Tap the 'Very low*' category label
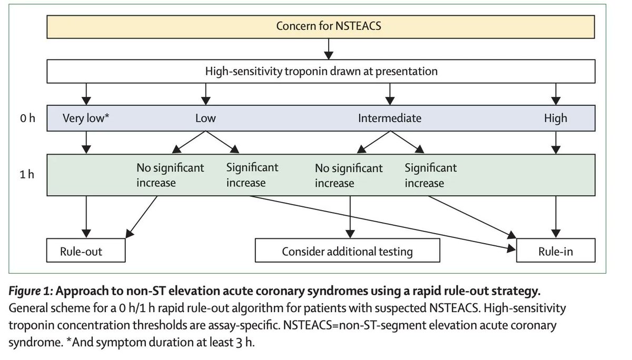[x=86, y=118]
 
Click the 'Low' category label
[x=205, y=118]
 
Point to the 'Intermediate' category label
[x=390, y=118]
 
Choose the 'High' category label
[x=556, y=118]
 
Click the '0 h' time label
[x=28, y=118]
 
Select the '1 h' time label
[x=28, y=174]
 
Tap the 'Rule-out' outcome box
[x=86, y=252]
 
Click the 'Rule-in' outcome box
[x=556, y=252]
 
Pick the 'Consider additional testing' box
[x=348, y=252]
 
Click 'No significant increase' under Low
[x=170, y=176]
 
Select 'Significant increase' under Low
[x=252, y=176]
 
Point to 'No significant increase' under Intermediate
[x=349, y=176]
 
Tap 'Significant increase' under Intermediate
[x=431, y=176]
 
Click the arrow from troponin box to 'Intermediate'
[x=390, y=93]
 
